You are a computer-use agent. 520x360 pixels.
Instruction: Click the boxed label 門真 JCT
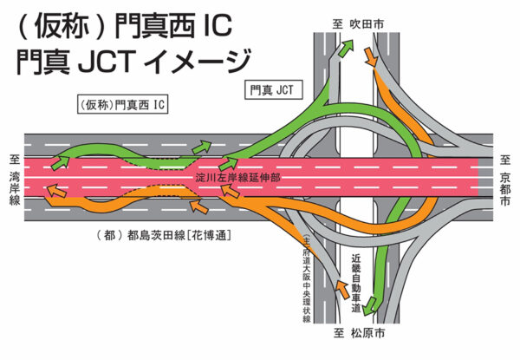click(x=270, y=88)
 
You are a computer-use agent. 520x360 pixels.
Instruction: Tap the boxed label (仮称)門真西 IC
click(x=121, y=106)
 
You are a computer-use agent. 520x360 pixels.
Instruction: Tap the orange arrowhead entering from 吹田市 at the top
click(x=373, y=57)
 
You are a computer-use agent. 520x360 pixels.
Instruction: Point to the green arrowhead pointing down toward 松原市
click(x=371, y=304)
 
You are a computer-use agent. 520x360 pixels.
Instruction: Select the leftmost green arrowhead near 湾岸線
click(x=58, y=161)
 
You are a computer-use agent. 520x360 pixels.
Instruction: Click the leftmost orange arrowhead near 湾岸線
click(x=54, y=192)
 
